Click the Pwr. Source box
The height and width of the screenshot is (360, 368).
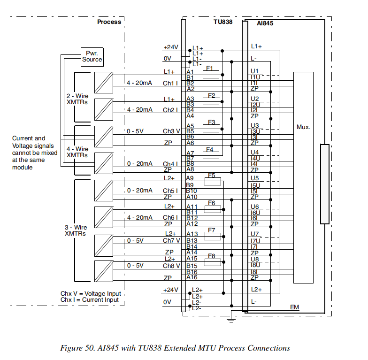coord(92,56)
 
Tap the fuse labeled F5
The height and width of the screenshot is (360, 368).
coord(212,181)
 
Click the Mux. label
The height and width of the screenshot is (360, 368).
coord(303,127)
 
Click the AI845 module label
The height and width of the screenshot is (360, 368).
coord(266,23)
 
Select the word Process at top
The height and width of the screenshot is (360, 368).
coord(109,22)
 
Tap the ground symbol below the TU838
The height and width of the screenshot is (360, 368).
coord(230,320)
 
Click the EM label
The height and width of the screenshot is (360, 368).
coord(294,307)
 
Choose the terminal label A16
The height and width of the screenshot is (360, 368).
coord(191,278)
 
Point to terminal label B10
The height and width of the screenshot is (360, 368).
coord(191,191)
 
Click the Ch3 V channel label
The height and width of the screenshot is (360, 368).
coord(171,131)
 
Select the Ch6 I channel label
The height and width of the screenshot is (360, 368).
coord(170,218)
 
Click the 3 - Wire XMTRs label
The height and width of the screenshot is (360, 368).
coord(76,230)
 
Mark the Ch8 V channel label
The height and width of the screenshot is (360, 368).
coord(171,266)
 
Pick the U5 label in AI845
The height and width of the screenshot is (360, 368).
coord(255,178)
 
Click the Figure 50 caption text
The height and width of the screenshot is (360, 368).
coord(175,348)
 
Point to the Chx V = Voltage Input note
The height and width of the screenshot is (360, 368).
coord(89,294)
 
